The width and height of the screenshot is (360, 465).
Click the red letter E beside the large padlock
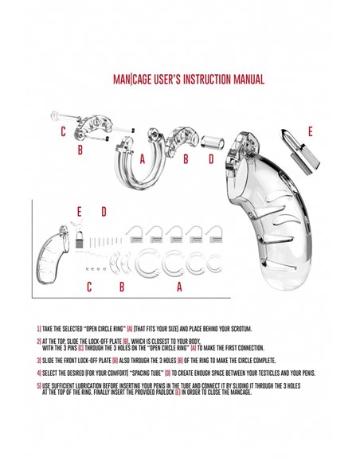point(310,131)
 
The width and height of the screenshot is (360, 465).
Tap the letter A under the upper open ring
point(142,158)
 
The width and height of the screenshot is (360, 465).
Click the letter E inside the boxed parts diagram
point(79,212)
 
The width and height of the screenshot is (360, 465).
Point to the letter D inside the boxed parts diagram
point(103,212)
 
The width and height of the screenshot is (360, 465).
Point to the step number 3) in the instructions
point(39,360)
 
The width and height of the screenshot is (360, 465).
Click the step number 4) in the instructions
point(39,373)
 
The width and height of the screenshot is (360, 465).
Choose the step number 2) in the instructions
point(39,341)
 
